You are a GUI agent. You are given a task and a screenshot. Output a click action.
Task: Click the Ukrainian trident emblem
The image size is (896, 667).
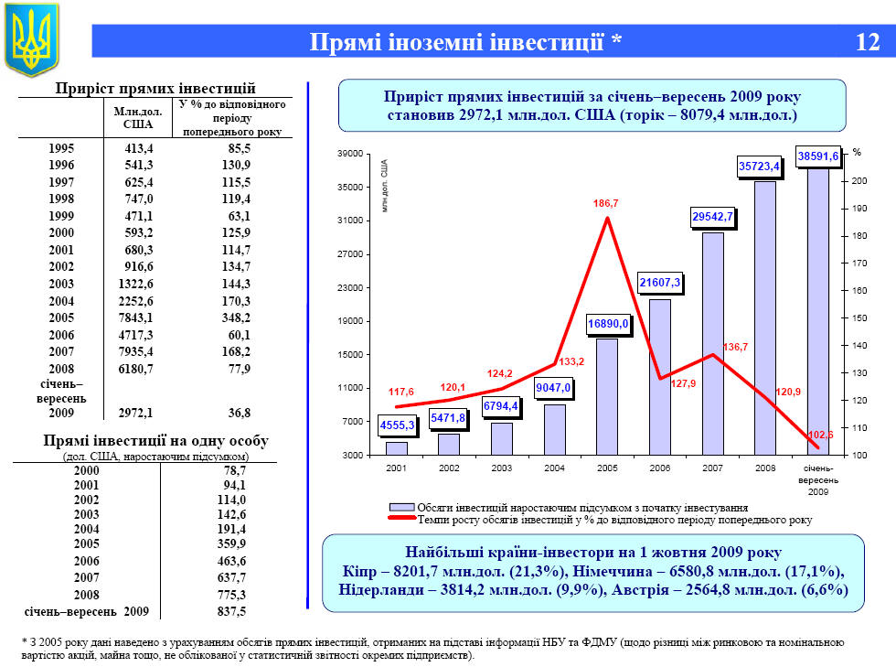tap(32, 39)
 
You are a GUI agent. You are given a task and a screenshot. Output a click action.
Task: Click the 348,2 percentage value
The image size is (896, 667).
tap(234, 318)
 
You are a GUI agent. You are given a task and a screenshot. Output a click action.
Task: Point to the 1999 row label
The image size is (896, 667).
tap(61, 216)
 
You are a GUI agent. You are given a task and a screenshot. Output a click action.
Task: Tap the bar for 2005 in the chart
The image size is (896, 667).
tap(607, 396)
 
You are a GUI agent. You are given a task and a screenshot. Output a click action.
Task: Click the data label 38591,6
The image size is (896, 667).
tap(818, 156)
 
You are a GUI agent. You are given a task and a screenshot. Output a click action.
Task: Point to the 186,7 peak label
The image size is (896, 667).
tap(605, 203)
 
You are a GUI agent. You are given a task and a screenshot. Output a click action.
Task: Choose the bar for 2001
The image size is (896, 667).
tap(396, 448)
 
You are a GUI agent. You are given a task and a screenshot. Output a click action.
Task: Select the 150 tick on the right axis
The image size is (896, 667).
tap(859, 318)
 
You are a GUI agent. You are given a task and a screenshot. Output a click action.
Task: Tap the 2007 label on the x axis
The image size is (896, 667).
tap(712, 468)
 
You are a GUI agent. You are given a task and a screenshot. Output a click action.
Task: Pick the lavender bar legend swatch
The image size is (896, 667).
tap(401, 507)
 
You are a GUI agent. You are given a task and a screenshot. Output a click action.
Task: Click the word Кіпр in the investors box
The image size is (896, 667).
tap(357, 572)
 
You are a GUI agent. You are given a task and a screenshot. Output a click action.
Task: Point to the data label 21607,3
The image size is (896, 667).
tap(659, 283)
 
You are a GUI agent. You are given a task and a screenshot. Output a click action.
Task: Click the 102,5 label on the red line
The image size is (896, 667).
tap(822, 435)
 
